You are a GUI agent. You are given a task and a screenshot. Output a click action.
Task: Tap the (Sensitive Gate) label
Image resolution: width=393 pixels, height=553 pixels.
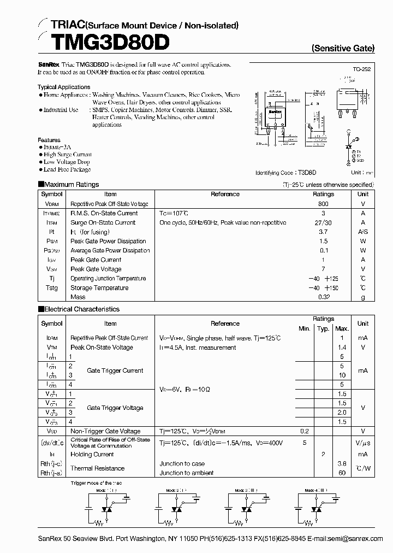point(343,48)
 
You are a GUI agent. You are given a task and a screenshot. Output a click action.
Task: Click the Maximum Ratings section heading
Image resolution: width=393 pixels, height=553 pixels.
point(72,185)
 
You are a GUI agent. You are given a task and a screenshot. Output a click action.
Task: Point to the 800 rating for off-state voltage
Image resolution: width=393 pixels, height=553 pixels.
point(323,203)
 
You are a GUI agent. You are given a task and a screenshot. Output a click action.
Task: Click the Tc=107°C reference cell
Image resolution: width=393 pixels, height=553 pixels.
point(174,213)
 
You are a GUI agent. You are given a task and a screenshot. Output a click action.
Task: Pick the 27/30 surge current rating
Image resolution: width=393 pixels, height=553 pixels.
point(323,222)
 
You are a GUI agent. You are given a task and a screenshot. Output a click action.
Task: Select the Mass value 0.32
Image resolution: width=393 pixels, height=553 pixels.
point(323,297)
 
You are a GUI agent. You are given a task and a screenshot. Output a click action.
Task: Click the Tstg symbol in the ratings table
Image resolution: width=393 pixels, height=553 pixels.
point(52,288)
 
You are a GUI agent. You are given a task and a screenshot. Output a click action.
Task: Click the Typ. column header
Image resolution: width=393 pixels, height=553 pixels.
point(323,328)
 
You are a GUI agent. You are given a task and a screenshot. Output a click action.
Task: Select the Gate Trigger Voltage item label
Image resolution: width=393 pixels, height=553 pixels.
point(115,408)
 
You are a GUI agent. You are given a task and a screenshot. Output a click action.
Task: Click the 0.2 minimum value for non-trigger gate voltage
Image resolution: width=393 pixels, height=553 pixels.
point(304,431)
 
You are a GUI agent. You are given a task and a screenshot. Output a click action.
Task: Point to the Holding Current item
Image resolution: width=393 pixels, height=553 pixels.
point(92,454)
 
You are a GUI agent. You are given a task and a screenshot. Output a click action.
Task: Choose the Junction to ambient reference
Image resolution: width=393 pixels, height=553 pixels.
point(187,473)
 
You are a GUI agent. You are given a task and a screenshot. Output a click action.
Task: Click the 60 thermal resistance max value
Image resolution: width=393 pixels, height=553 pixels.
point(342,473)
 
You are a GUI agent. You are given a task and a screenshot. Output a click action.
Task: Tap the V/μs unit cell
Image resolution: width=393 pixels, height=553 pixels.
point(363,443)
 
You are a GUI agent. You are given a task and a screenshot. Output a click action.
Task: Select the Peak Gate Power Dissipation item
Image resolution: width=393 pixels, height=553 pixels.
point(108,241)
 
